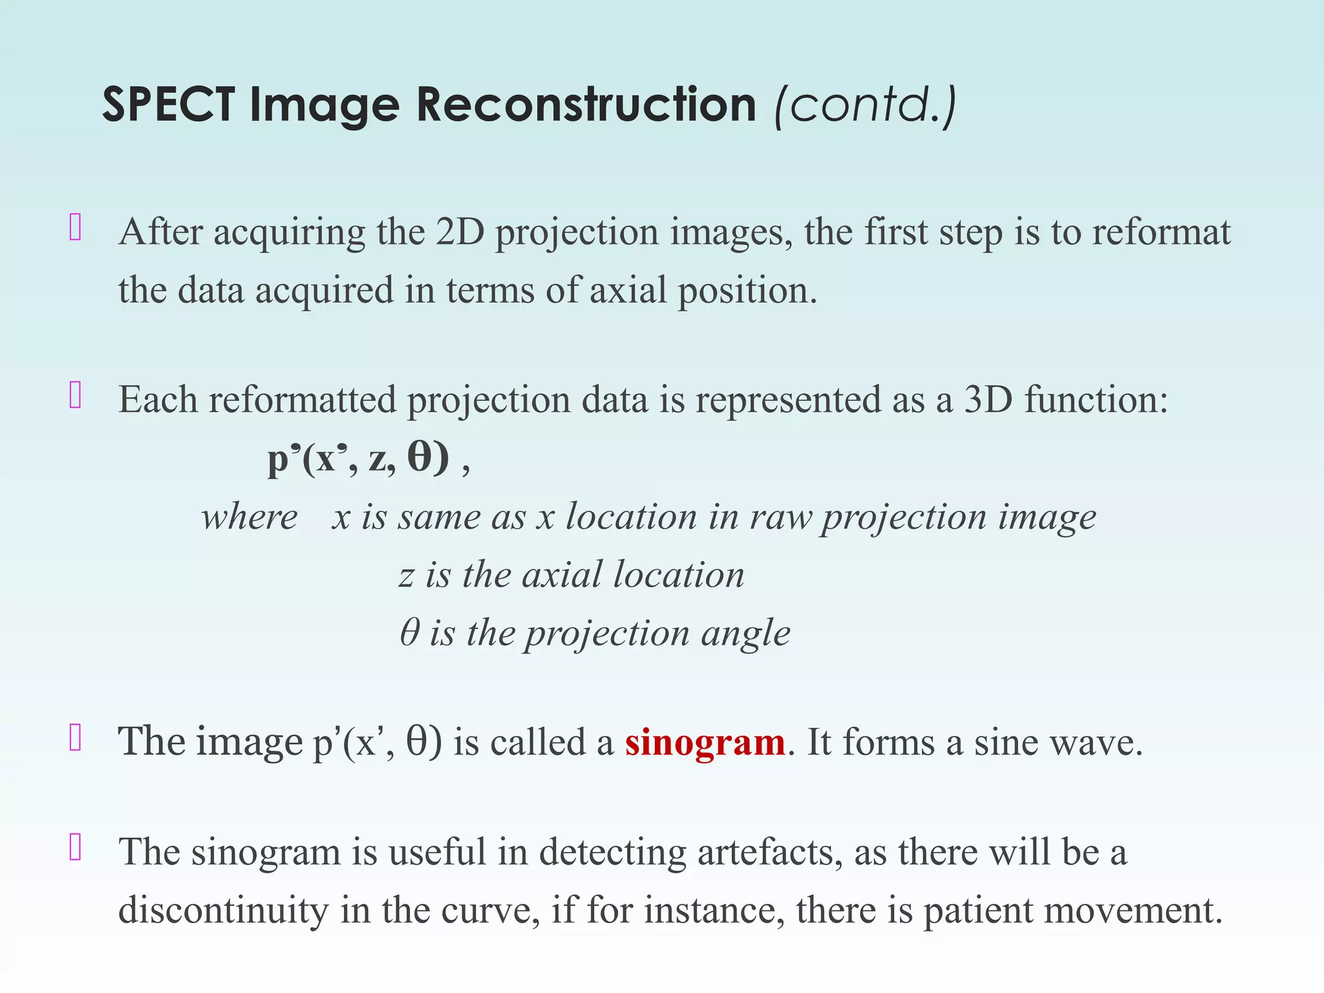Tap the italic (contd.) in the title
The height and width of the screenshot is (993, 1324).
click(865, 105)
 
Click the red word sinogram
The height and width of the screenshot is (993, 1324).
click(705, 742)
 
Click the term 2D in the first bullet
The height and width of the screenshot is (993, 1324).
click(460, 232)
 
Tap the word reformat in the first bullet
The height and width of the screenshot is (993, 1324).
click(1161, 232)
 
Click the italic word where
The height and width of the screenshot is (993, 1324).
click(249, 517)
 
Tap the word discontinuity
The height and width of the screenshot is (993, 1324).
click(224, 910)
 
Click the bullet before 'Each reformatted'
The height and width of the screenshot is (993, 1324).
click(75, 396)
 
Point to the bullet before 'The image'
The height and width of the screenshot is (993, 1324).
click(75, 738)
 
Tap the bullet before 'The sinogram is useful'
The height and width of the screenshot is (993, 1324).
click(75, 848)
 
